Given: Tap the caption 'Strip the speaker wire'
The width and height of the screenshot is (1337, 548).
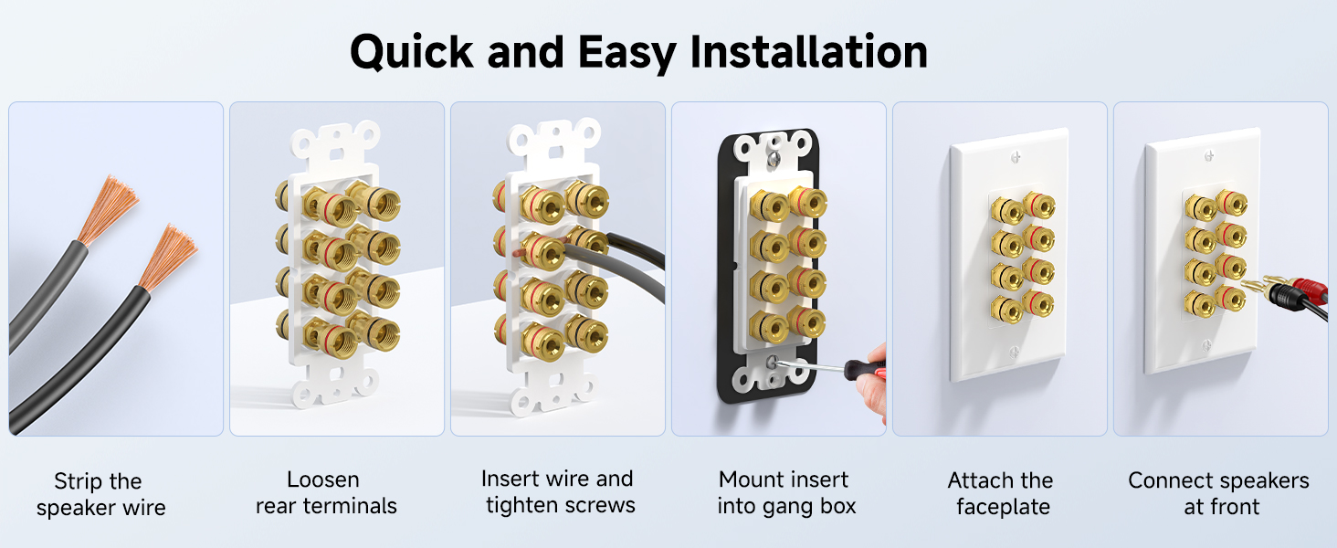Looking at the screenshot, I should click(x=100, y=494).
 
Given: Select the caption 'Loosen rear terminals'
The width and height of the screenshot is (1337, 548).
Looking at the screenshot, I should click(x=326, y=493).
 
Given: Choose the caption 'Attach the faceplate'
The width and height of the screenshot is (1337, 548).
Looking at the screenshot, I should click(x=1001, y=494).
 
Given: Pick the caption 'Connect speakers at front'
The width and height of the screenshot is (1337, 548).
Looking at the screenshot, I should click(x=1219, y=494).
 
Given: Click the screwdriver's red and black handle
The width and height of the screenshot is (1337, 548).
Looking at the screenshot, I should click(x=863, y=368).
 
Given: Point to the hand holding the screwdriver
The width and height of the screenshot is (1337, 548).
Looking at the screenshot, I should click(x=874, y=384).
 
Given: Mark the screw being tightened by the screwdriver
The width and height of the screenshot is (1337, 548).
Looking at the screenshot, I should click(x=774, y=362).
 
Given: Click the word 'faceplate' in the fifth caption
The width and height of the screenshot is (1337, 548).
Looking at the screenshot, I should click(x=1003, y=507).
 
